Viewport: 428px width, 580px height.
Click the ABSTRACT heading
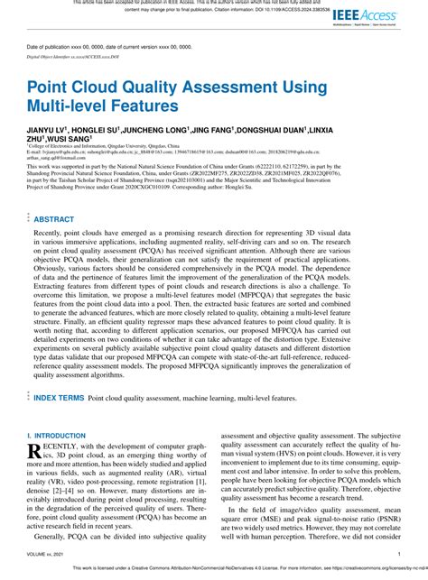(54, 219)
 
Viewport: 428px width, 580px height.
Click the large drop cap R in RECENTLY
(35, 450)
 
